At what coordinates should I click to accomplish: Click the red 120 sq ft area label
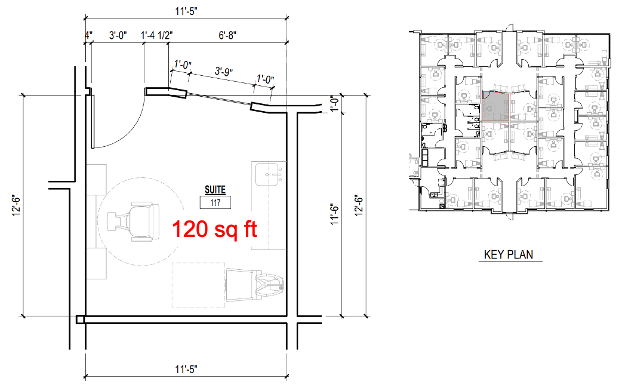coord(214,229)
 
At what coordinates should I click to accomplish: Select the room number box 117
coord(215,203)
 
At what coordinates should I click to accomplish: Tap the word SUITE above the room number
coord(215,190)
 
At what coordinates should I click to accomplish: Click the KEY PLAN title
coord(509,255)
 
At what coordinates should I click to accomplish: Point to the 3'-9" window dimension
coord(223,72)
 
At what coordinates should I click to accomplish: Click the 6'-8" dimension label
coord(227,36)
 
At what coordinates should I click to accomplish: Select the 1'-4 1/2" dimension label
coord(157,36)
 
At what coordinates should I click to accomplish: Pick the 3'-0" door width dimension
coord(118,36)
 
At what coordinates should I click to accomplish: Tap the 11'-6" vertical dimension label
coord(334,215)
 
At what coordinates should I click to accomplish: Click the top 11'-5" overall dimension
coord(186,11)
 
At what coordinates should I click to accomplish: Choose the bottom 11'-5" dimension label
coord(186,369)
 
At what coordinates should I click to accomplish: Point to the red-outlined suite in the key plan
coord(495,106)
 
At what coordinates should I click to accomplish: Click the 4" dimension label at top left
coord(88,36)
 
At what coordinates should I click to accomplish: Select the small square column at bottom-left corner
coord(80,319)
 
